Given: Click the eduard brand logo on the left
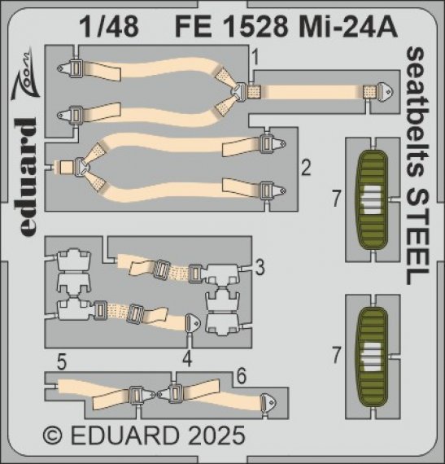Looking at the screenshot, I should pyautogui.click(x=27, y=176).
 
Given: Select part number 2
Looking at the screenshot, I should pyautogui.click(x=305, y=169).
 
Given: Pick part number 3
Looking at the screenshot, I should pyautogui.click(x=259, y=266).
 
